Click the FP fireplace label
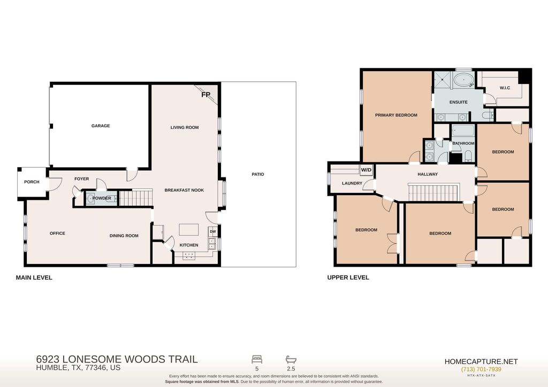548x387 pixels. [205, 95]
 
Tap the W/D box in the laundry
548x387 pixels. [366, 170]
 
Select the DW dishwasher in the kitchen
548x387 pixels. [212, 231]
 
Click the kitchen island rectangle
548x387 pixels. [189, 230]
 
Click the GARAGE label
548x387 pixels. [101, 126]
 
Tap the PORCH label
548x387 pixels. [32, 182]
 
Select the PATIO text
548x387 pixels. [258, 174]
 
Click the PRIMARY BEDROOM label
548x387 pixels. [396, 115]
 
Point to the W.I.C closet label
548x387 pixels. [505, 88]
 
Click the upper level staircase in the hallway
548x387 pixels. [433, 193]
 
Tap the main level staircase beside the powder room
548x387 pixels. [136, 198]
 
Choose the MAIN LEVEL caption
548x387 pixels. [34, 277]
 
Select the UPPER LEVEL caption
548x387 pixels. [348, 277]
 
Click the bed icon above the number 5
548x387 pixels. [257, 359]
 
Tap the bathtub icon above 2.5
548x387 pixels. [291, 359]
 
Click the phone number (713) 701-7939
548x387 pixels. [481, 369]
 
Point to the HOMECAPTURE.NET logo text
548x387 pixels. [481, 362]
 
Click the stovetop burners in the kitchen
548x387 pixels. [189, 256]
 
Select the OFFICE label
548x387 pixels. [57, 234]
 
